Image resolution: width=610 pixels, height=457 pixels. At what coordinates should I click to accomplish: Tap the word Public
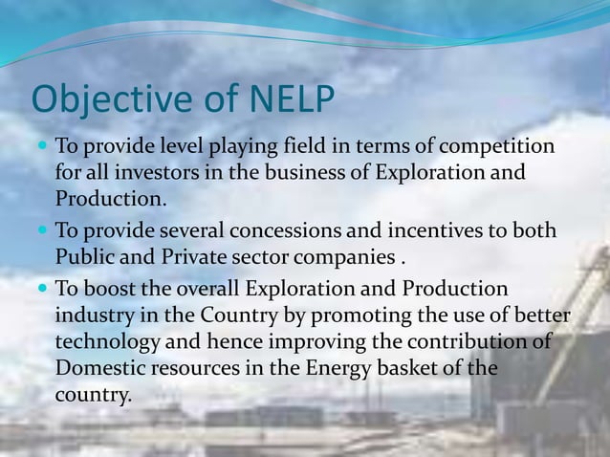click(84, 258)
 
